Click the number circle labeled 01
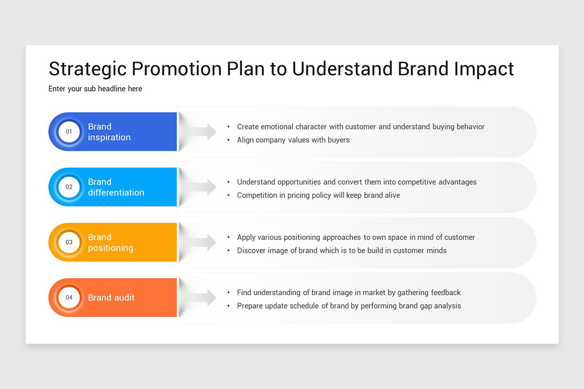click(x=69, y=132)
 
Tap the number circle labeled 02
click(x=69, y=187)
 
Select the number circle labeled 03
click(x=69, y=242)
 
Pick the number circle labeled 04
click(x=69, y=298)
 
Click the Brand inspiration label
click(x=109, y=132)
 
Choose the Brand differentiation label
click(x=116, y=187)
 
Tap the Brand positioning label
click(x=110, y=242)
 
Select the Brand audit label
click(x=111, y=298)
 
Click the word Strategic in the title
click(x=88, y=69)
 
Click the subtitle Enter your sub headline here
click(x=95, y=89)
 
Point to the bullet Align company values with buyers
click(x=293, y=140)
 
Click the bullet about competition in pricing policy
click(x=318, y=195)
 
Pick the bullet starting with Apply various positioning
click(x=356, y=237)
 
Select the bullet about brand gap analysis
click(x=348, y=306)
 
